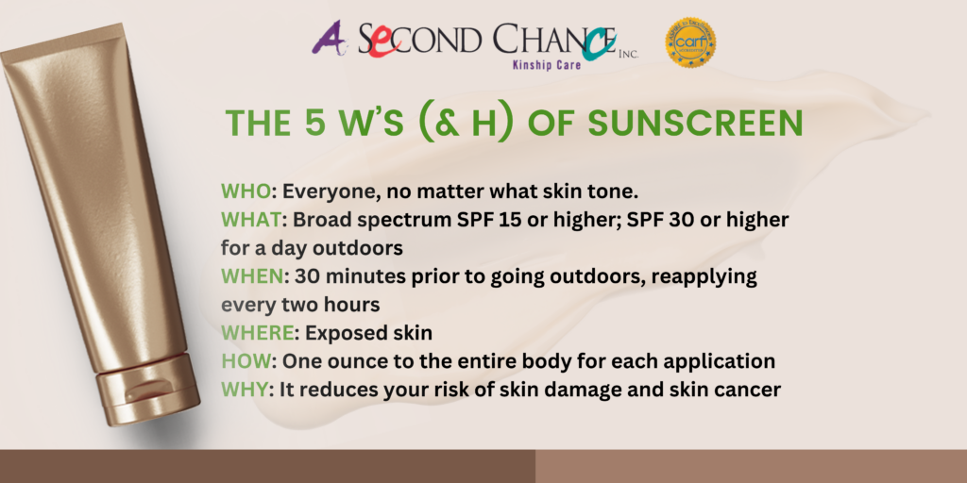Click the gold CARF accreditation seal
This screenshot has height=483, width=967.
[690, 42]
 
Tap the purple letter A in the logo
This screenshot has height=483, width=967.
[327, 38]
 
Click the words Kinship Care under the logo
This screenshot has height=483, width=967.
[547, 63]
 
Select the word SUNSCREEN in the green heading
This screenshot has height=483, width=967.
[695, 124]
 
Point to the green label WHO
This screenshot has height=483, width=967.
[246, 192]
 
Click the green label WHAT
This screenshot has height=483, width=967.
[250, 220]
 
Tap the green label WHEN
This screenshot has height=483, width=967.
[251, 276]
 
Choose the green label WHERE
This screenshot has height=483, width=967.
[257, 333]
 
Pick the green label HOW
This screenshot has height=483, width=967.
[246, 361]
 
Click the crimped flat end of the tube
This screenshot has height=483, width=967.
[61, 44]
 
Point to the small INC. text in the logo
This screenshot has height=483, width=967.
[628, 54]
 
